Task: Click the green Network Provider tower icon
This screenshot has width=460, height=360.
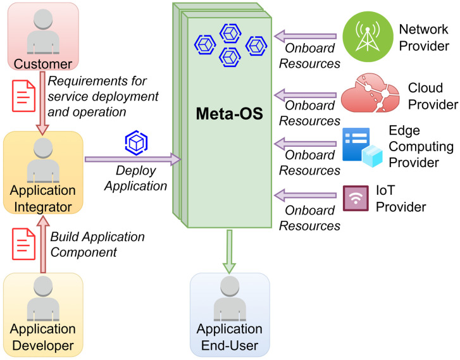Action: (x=368, y=37)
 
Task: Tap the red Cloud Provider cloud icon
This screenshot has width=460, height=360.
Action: (x=370, y=93)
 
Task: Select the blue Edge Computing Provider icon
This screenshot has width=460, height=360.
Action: (x=363, y=147)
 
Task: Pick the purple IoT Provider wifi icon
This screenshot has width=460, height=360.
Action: (x=356, y=198)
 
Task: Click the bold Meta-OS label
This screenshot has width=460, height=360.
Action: (x=230, y=113)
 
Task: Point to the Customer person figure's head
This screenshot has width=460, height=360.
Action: (x=43, y=19)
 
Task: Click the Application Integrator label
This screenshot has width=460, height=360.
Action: (x=43, y=199)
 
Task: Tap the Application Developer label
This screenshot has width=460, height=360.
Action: (x=43, y=337)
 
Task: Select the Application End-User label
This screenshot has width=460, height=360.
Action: (x=230, y=337)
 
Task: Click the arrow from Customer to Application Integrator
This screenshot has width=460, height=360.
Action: (x=42, y=103)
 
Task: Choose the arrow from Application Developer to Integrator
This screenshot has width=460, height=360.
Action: (x=43, y=244)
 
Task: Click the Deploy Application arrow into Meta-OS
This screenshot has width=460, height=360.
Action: (x=133, y=159)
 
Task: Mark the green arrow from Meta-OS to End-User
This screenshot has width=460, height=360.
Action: (x=229, y=252)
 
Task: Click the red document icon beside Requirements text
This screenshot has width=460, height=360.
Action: (x=24, y=96)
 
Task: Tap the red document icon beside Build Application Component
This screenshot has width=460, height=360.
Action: (x=24, y=244)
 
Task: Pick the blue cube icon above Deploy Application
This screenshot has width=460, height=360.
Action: (x=136, y=143)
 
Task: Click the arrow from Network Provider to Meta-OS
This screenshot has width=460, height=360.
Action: (x=305, y=36)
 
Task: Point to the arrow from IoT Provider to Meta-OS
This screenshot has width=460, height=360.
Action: (x=305, y=196)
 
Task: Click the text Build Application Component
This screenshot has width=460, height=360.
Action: (x=97, y=244)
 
